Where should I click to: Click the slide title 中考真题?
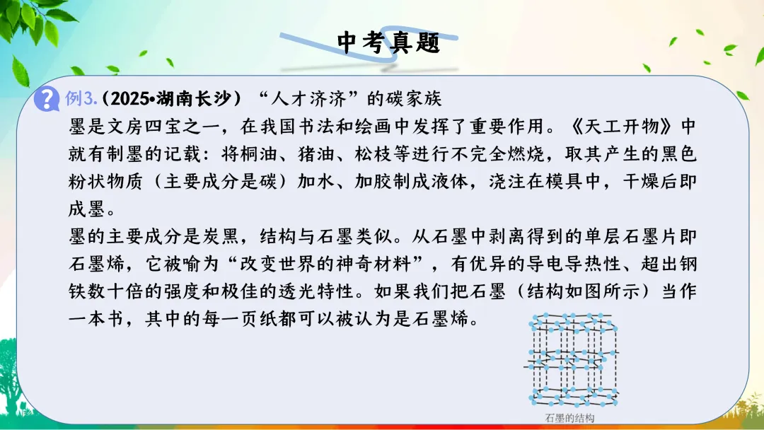[x=388, y=42]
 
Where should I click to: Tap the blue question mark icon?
[x=47, y=98]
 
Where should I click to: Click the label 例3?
[x=79, y=99]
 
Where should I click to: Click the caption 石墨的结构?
[x=570, y=417]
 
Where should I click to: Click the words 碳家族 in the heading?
[x=417, y=99]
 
